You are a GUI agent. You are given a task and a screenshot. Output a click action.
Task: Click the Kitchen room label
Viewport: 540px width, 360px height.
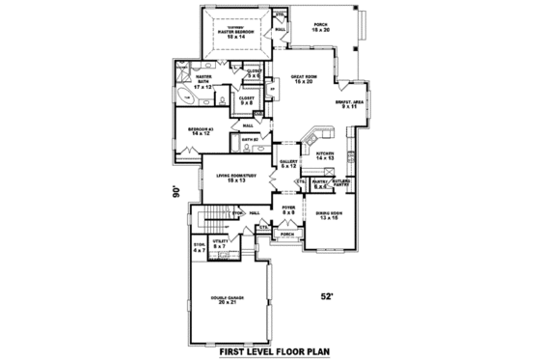tap(324, 152)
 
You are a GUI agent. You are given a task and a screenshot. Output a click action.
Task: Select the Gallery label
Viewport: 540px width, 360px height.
tap(288, 163)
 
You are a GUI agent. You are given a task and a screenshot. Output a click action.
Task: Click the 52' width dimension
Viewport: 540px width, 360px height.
tap(329, 295)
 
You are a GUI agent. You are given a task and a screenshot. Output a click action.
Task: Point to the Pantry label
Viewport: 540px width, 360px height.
tap(322, 182)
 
